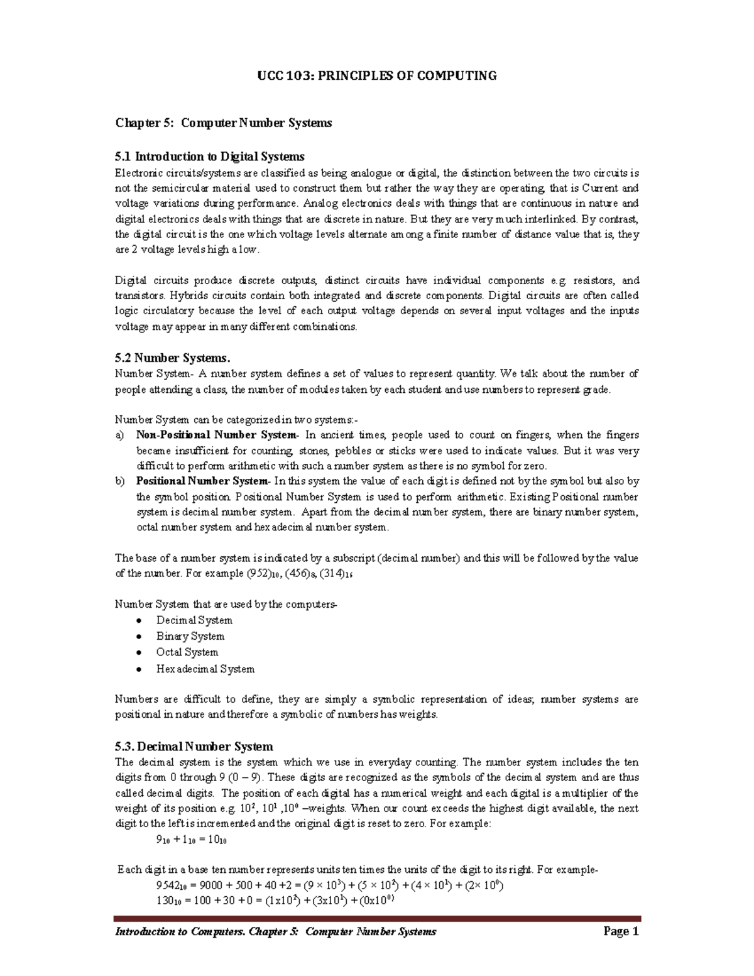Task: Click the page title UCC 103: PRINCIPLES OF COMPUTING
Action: (x=377, y=76)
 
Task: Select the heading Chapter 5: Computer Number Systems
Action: (x=223, y=123)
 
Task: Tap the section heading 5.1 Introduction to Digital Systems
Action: (x=209, y=156)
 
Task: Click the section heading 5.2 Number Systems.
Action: (x=172, y=358)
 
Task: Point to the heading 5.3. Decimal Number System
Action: (x=194, y=747)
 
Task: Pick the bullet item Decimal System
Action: (x=194, y=620)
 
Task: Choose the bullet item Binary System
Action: (x=190, y=636)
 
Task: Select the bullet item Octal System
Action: (x=187, y=652)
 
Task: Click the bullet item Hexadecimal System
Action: (x=205, y=669)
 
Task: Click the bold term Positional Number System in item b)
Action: (x=202, y=481)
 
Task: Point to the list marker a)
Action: (x=119, y=435)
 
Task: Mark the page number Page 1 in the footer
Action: (x=620, y=931)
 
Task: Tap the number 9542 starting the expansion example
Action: (x=168, y=886)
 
